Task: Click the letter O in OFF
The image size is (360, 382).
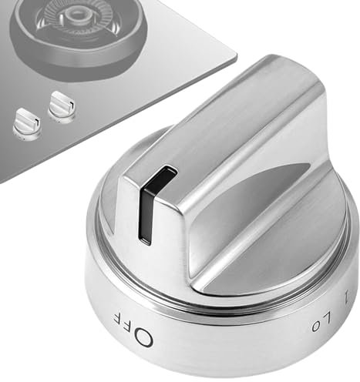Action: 143,338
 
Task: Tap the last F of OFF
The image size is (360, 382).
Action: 119,319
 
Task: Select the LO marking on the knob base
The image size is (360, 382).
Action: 321,322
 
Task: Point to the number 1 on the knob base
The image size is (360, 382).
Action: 348,297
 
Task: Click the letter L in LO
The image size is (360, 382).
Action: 327,317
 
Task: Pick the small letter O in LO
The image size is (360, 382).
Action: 315,327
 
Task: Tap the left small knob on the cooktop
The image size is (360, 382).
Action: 27,124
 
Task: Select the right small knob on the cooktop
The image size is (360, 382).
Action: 62,106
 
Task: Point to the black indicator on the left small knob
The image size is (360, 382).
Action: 38,123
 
